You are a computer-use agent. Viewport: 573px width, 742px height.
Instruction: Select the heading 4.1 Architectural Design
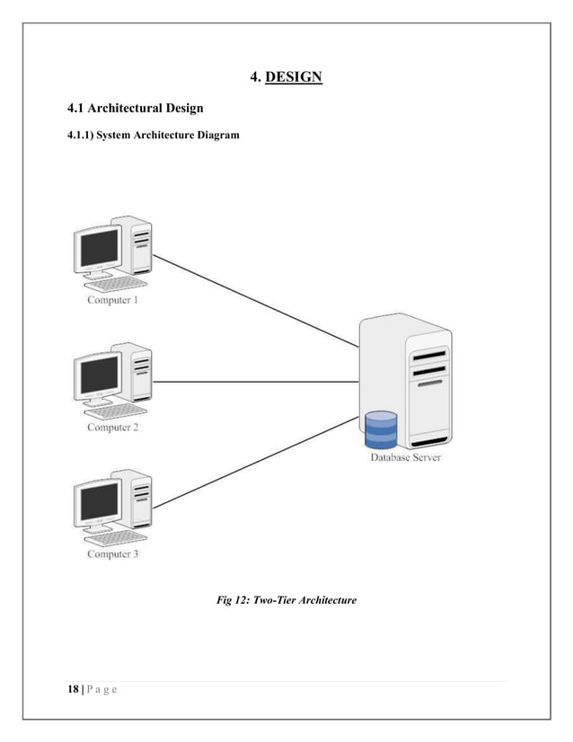(136, 109)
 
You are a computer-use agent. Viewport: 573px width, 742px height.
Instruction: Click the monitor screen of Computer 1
(99, 247)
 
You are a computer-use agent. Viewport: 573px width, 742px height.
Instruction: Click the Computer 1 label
(112, 300)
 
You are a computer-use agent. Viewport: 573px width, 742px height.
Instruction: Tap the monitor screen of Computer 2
(99, 374)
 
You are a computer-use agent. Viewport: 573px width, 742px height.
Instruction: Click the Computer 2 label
(112, 428)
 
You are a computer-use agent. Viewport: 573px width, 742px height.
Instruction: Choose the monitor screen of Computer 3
(99, 500)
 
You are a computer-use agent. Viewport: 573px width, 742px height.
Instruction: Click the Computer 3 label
(112, 554)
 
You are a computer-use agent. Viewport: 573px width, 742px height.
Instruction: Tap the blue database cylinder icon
(381, 429)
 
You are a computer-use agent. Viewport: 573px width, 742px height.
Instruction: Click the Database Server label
(406, 458)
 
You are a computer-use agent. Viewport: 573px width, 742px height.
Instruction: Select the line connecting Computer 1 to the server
(256, 300)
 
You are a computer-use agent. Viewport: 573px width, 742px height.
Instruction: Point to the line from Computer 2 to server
(256, 382)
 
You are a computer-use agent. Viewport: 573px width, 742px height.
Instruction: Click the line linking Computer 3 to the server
(256, 466)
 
